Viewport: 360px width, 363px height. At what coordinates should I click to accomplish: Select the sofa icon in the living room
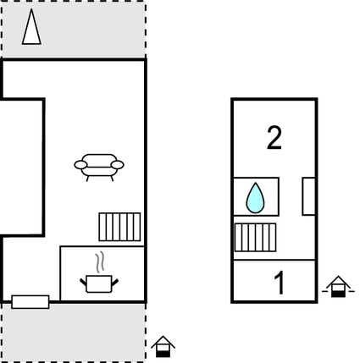pos(99,168)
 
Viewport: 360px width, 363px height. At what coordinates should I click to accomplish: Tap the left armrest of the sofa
pos(80,165)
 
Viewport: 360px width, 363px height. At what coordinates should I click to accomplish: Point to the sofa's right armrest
pos(118,165)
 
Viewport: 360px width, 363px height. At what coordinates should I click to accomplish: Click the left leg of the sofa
pos(87,179)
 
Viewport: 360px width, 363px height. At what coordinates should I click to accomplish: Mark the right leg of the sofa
pos(112,179)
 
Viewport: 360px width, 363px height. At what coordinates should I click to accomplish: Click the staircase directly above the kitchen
pos(119,227)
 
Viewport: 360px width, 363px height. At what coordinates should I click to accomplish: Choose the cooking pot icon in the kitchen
pos(99,283)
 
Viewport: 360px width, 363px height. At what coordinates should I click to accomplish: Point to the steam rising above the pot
pos(100,263)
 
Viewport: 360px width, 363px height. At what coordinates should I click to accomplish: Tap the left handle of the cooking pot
pos(83,283)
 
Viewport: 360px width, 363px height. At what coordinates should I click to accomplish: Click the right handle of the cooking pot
pos(115,283)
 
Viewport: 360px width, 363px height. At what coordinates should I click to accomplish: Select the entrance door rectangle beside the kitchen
pos(30,302)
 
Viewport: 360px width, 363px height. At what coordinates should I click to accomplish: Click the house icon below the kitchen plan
pos(163,346)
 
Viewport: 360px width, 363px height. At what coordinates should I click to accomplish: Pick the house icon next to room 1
pos(338,286)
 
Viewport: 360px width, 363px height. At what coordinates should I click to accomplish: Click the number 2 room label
pos(274,138)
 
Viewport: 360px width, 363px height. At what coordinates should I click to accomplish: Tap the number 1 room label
pos(280,283)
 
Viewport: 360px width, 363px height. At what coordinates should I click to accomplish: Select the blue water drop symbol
pos(255,198)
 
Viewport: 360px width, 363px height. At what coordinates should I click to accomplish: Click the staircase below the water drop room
pos(255,238)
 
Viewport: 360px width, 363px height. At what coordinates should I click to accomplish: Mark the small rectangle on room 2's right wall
pos(308,196)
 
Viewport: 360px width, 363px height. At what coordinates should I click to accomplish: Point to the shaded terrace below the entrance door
pos(74,333)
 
